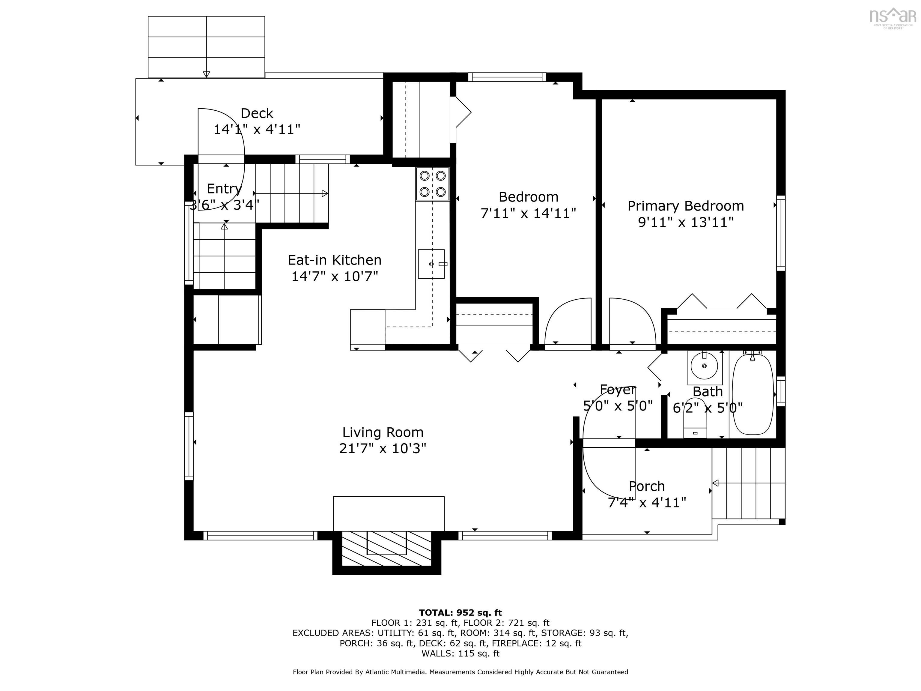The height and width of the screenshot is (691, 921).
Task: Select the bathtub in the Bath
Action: click(753, 394)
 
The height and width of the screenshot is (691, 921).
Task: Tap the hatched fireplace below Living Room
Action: click(386, 548)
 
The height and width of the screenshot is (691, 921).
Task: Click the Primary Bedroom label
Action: click(685, 206)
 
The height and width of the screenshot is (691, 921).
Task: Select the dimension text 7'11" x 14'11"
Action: click(528, 213)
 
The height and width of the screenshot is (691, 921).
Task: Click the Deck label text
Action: click(257, 113)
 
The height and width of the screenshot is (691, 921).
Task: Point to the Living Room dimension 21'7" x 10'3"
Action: click(382, 449)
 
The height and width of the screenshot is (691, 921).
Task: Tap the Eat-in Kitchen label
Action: click(334, 260)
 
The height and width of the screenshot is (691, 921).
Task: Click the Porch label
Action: click(647, 486)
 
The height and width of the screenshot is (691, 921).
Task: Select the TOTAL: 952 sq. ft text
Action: click(460, 613)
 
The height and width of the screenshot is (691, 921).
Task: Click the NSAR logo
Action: click(893, 17)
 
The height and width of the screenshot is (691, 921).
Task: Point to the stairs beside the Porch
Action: click(748, 483)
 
